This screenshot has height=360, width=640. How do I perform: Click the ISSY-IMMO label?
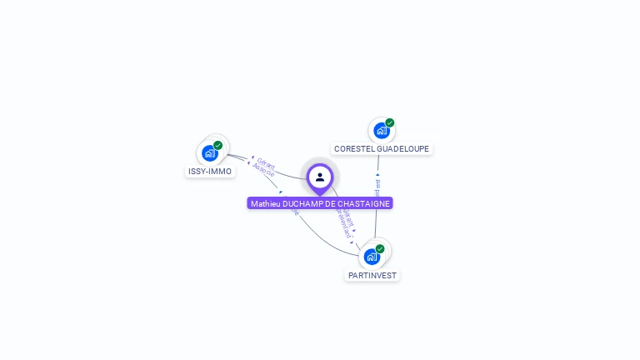tap(210, 172)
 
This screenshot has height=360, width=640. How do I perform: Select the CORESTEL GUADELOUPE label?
tap(382, 149)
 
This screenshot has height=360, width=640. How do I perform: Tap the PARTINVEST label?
tap(372, 275)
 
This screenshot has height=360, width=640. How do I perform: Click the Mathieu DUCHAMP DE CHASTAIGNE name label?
tap(320, 203)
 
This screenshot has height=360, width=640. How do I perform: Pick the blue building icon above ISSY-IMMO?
tap(209, 153)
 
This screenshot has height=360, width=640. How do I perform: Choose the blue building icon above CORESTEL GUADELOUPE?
tap(381, 131)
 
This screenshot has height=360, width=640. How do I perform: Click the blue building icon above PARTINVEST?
tap(372, 257)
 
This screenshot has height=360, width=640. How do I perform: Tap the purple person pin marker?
tap(320, 177)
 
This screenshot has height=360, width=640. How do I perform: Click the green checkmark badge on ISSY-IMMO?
tap(218, 146)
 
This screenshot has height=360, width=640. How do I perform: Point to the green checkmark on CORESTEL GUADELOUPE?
tap(390, 123)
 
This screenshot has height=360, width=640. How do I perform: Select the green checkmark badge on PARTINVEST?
tap(380, 249)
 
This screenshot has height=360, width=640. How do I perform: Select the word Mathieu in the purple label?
tap(265, 203)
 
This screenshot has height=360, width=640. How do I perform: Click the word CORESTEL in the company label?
tap(354, 149)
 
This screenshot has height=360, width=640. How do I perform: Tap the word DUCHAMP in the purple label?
tap(302, 203)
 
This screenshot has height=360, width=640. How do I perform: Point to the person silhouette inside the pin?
tap(320, 177)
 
